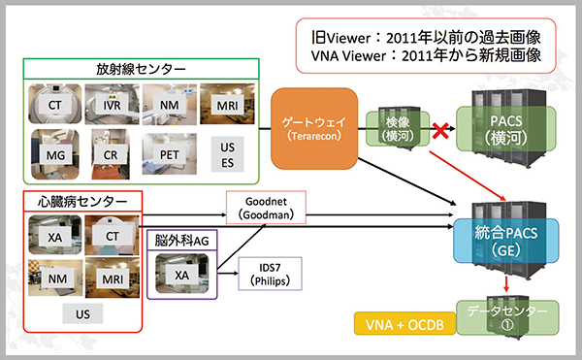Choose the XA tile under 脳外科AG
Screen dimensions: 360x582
pos(180,275)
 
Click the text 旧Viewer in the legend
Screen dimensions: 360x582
pos(331,36)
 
